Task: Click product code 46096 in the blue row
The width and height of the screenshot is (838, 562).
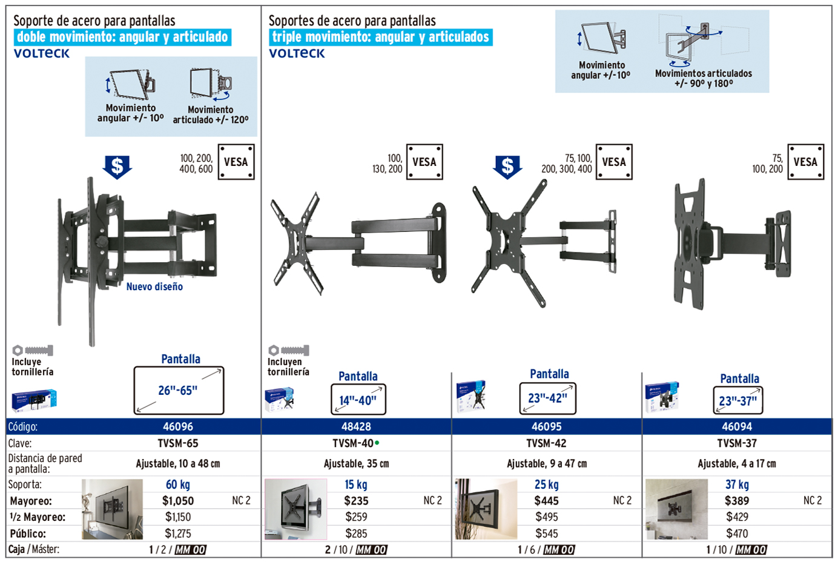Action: tap(178, 426)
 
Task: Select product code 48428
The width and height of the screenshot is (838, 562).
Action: tap(356, 426)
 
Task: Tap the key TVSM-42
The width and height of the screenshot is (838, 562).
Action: tap(546, 443)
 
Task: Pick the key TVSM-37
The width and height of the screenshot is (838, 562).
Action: tap(737, 443)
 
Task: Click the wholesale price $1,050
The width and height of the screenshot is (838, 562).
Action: tap(178, 501)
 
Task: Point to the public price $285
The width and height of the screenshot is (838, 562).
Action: tap(356, 534)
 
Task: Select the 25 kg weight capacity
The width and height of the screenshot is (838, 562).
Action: tap(546, 484)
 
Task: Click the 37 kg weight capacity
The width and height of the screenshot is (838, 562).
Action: tap(737, 484)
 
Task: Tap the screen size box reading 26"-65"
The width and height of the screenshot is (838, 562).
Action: tap(179, 391)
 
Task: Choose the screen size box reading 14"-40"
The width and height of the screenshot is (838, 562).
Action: tap(358, 400)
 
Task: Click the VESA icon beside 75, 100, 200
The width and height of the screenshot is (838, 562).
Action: tap(805, 162)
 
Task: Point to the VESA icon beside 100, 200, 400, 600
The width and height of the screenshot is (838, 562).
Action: tap(236, 162)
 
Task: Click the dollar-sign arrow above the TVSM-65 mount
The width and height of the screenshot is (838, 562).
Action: tap(117, 167)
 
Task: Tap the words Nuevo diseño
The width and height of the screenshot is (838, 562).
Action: tap(154, 287)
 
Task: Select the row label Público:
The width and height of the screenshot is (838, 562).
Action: tap(28, 534)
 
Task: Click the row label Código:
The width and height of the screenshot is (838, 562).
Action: tap(23, 426)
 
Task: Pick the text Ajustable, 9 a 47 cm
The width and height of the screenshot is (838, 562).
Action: tap(546, 464)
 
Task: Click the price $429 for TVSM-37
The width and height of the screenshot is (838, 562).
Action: tap(737, 517)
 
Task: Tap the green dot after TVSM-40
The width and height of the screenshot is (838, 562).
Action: tap(377, 443)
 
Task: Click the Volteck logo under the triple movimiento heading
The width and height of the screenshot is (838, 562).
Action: tap(297, 53)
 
